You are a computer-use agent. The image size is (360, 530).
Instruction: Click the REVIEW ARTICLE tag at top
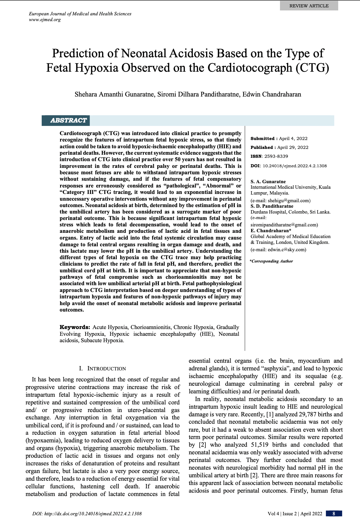click(309, 6)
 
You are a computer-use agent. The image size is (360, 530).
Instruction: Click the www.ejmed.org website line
click(44, 20)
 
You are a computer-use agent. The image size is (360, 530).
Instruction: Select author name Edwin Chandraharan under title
click(272, 94)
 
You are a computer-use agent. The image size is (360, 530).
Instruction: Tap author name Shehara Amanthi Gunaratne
click(114, 94)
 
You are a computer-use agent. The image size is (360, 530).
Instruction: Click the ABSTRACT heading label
click(68, 120)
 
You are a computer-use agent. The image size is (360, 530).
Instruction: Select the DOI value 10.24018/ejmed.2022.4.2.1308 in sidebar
click(295, 166)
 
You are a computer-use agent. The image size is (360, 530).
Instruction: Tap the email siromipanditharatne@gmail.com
click(284, 225)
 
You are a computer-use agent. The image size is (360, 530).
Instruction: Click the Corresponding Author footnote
click(272, 261)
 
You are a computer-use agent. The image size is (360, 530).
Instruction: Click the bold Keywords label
click(75, 327)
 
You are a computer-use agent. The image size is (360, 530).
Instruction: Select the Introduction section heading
click(102, 369)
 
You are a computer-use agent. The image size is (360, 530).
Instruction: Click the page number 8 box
click(334, 513)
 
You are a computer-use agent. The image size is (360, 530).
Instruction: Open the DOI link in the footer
click(87, 514)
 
